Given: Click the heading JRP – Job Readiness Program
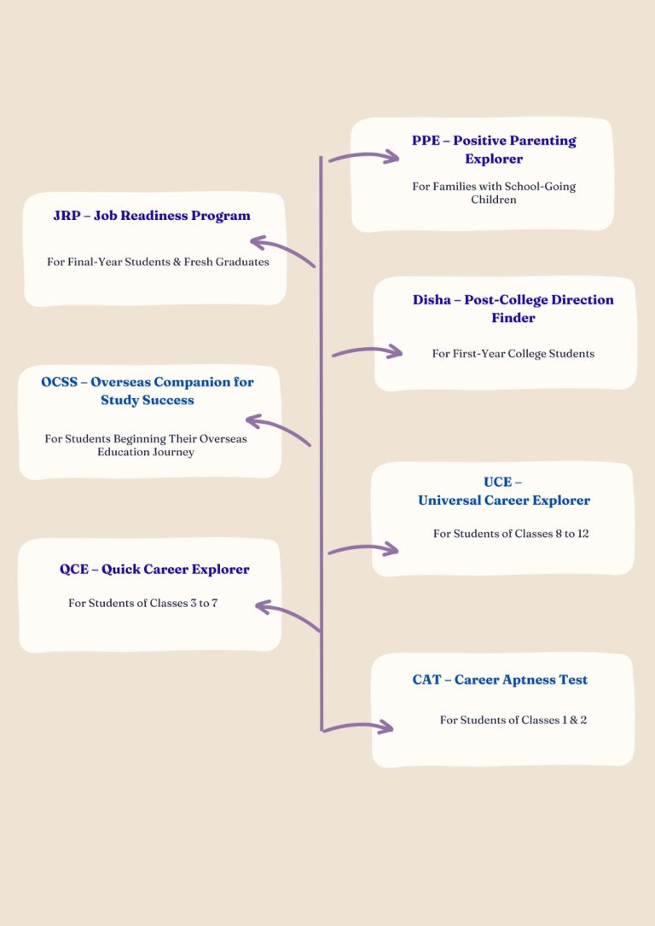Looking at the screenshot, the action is (x=152, y=216).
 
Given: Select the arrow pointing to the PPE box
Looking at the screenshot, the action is (x=364, y=157).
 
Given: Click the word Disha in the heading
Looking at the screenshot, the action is (x=432, y=299).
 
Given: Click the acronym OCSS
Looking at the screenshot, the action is (x=59, y=382).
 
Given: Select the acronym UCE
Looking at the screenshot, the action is (x=497, y=482).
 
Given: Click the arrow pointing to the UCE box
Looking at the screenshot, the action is (x=363, y=548).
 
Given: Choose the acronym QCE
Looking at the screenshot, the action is (x=74, y=570).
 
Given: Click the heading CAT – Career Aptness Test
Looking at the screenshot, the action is (x=500, y=680).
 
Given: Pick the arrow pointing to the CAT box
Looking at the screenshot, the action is (x=358, y=726).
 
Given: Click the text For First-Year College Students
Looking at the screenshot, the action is (x=513, y=354).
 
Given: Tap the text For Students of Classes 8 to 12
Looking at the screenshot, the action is (x=511, y=534).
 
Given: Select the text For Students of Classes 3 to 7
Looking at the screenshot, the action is (x=143, y=603).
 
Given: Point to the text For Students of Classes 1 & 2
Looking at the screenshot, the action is (x=513, y=720).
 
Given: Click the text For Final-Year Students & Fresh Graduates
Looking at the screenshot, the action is (x=158, y=262).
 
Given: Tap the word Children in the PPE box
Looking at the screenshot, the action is (x=494, y=200).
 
